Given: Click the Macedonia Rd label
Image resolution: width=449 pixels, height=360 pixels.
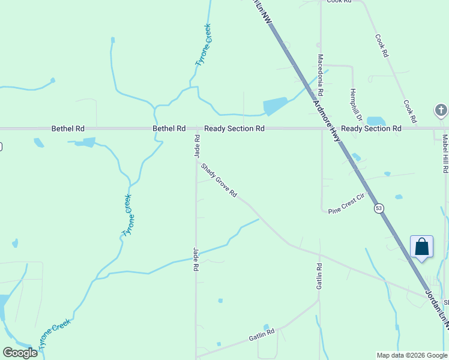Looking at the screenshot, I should point(321,76).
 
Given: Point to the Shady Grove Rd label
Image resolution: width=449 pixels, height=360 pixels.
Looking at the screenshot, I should point(219,181).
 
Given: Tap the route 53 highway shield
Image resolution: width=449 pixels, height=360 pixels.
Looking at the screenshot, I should point(378,208).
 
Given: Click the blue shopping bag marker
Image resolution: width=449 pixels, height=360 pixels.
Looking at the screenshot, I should point(422,247).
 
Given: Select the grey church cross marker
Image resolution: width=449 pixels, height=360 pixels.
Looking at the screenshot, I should point(441,110).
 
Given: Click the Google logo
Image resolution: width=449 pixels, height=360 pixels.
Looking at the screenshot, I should point(20,352).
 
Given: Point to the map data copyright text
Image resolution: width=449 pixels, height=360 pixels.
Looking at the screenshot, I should point(412,355).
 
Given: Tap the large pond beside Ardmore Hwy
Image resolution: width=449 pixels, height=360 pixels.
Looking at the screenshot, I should point(275,106).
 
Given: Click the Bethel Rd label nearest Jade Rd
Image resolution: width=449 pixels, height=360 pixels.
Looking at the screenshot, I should point(169,128).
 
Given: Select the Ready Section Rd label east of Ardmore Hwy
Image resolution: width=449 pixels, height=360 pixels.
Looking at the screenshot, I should point(371,128).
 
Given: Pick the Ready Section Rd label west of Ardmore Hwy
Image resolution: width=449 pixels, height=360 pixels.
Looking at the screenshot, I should point(234,128).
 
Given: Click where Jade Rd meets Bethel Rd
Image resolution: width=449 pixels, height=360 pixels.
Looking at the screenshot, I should point(196,128).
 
